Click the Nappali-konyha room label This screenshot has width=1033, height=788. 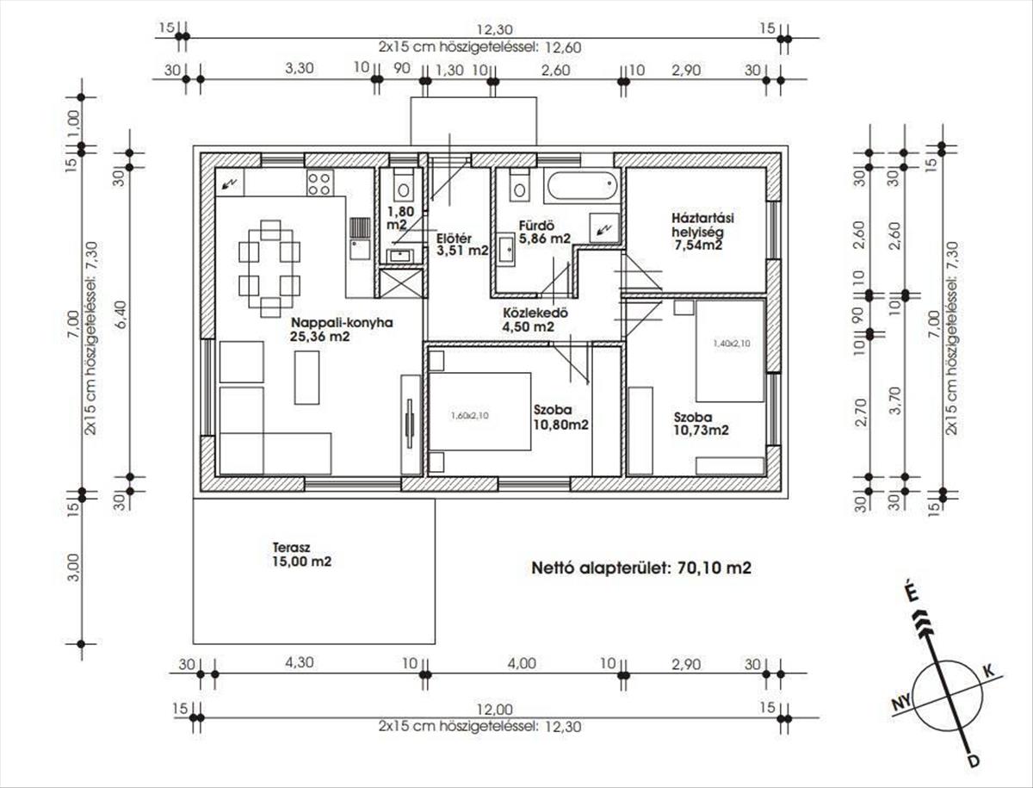[x=342, y=330]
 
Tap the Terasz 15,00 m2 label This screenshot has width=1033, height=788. [x=301, y=555]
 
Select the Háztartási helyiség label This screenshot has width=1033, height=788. [x=702, y=232]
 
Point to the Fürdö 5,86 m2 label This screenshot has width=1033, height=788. [x=545, y=232]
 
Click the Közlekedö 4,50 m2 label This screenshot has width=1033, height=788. [x=535, y=320]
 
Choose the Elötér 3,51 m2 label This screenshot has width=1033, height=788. [x=461, y=245]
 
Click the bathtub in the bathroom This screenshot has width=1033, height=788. [x=581, y=187]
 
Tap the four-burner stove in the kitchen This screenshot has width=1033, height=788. [x=320, y=183]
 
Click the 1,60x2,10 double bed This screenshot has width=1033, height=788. [x=480, y=412]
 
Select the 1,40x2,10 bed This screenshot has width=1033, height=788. [x=729, y=351]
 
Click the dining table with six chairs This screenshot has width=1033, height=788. [x=269, y=268]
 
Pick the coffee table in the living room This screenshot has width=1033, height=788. [x=306, y=377]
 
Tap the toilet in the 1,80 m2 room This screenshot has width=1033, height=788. [x=403, y=185]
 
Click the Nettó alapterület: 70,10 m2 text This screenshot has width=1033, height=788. [x=641, y=568]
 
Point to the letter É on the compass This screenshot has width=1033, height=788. [x=912, y=595]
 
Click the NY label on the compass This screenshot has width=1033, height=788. [x=902, y=704]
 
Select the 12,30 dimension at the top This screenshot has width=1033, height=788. [x=495, y=29]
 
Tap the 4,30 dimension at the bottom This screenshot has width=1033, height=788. [x=300, y=662]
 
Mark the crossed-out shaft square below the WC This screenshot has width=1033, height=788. [x=401, y=283]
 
